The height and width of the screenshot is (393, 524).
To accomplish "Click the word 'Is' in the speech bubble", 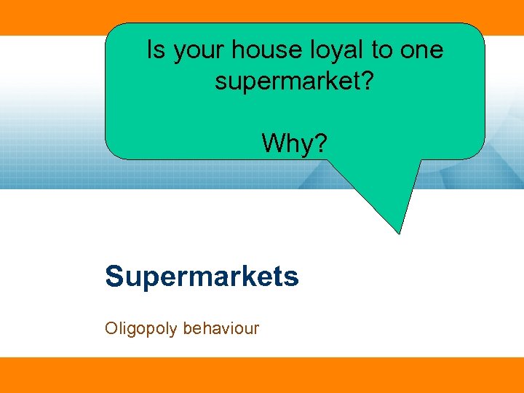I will [156, 51].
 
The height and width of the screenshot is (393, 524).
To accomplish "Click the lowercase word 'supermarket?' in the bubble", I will [295, 82].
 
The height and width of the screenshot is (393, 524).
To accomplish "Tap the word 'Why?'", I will [295, 143].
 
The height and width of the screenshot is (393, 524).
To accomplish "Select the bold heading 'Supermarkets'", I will [202, 277].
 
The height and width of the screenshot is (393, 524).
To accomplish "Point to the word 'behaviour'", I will [221, 328].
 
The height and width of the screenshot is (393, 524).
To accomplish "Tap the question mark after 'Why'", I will [322, 143].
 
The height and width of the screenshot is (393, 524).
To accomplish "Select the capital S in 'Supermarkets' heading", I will [114, 277].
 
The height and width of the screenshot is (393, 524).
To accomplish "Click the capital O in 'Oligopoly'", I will [111, 328].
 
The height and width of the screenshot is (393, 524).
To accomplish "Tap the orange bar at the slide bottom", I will [262, 375].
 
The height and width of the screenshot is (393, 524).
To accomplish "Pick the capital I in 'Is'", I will [150, 50].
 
